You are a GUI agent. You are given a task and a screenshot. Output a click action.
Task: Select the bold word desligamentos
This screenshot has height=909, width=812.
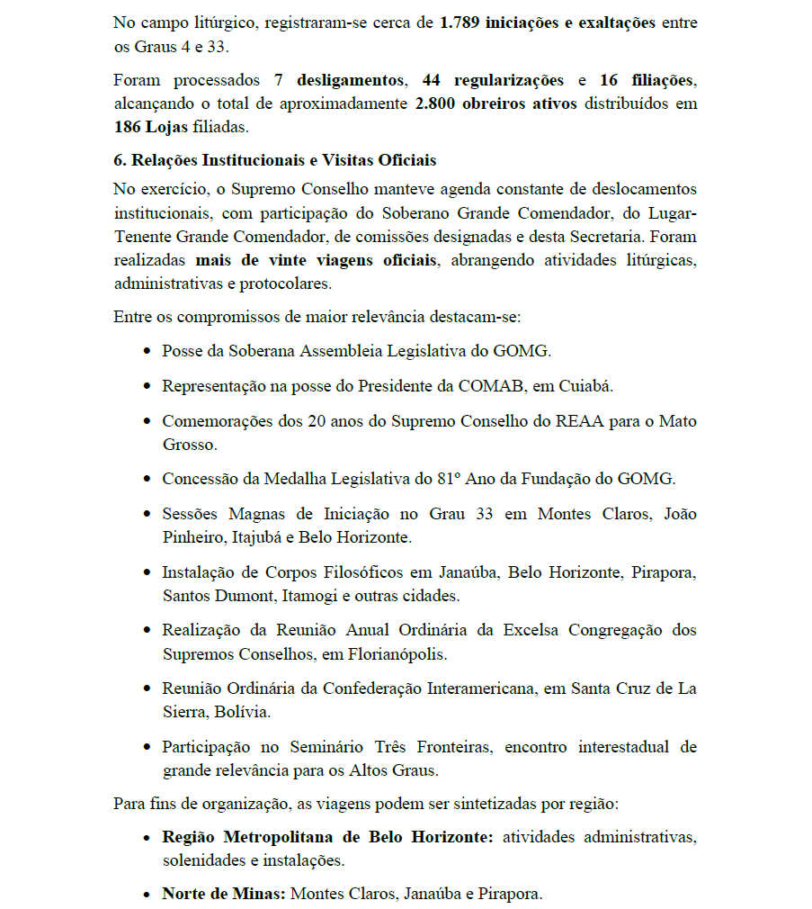350,81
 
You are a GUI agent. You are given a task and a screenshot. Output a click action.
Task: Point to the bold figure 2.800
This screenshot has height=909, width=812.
436,103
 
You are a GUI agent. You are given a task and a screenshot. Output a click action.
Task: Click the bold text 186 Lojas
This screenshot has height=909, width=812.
152,127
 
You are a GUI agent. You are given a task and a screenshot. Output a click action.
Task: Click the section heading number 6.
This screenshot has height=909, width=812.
120,160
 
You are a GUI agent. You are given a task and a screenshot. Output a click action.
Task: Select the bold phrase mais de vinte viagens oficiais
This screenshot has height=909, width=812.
316,260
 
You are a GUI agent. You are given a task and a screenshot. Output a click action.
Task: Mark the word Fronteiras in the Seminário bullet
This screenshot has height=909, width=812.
451,747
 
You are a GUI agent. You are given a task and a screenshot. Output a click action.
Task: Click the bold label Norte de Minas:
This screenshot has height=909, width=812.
224,895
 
